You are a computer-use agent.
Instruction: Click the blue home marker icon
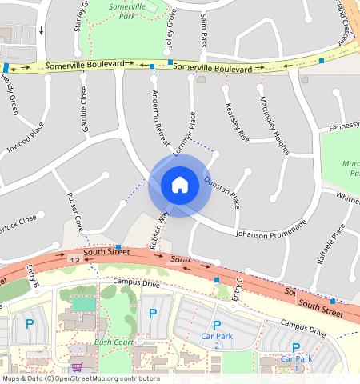[180, 186]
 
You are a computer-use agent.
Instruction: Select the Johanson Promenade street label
[271, 229]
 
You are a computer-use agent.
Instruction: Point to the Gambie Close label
[83, 108]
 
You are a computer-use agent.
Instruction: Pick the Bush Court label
[114, 342]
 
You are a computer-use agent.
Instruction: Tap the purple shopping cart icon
[77, 367]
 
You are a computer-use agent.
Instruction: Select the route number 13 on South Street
[74, 260]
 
